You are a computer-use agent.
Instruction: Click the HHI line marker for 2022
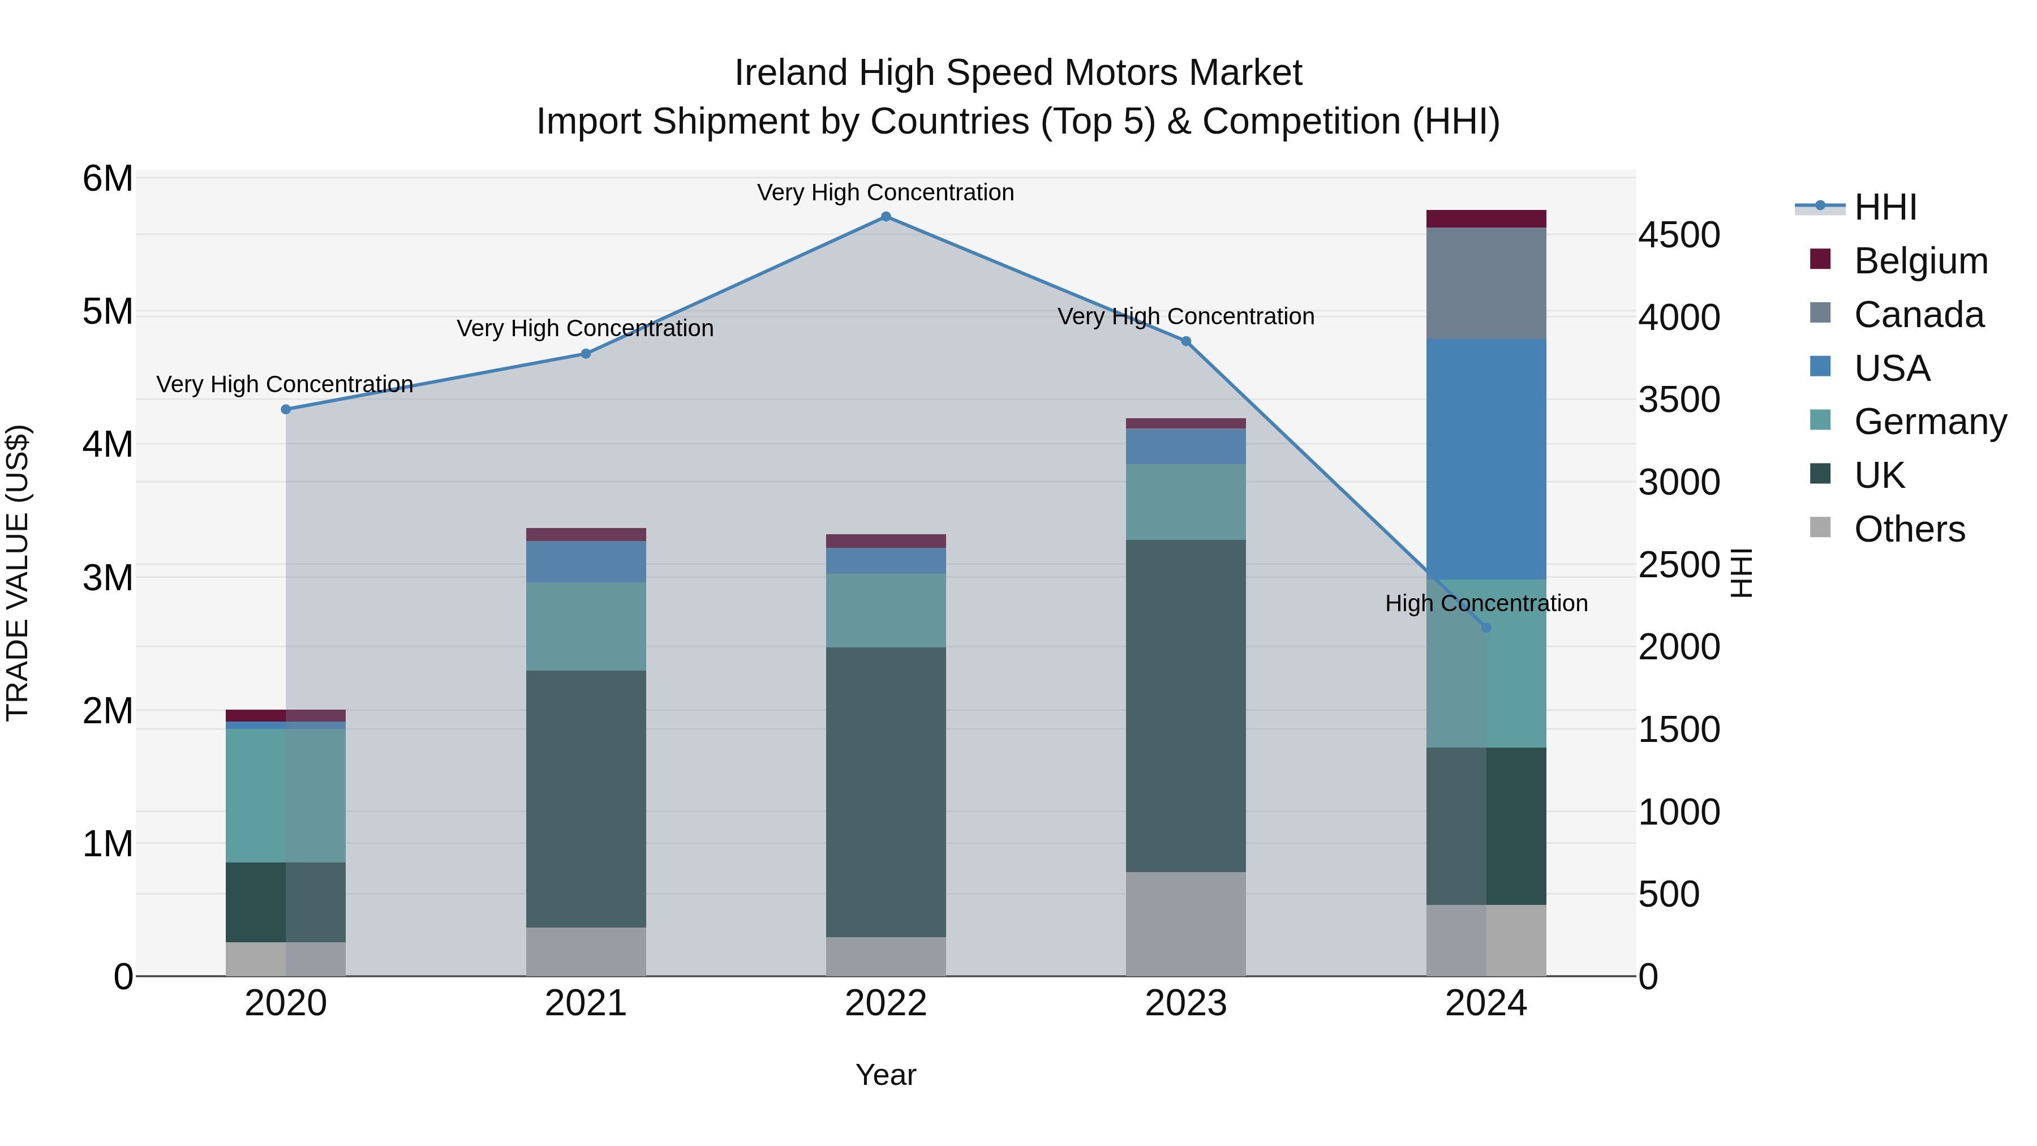(x=886, y=217)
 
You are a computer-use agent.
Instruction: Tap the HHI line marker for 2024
(x=1486, y=627)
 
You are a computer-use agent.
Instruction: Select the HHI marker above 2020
(x=286, y=409)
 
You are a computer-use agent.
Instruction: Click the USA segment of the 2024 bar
(x=1486, y=459)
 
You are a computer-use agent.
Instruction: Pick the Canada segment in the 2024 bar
(x=1486, y=283)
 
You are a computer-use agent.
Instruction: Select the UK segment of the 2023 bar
(x=1185, y=706)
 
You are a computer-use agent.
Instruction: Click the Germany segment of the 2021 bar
(x=586, y=626)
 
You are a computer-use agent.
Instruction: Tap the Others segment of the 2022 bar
(x=886, y=956)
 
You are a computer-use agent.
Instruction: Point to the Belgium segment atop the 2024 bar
(x=1486, y=218)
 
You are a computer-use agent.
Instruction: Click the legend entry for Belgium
(x=1920, y=261)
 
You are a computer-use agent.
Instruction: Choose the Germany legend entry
(x=1929, y=422)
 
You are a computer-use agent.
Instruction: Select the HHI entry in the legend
(x=1885, y=207)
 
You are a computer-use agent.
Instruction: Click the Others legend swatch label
(x=1909, y=529)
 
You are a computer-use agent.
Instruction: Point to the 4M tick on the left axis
(x=108, y=444)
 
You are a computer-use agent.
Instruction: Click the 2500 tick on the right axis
(x=1679, y=565)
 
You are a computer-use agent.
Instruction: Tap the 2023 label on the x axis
(x=1185, y=1003)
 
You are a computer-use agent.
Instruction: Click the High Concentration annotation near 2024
(x=1486, y=603)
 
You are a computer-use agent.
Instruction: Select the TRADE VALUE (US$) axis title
(x=18, y=573)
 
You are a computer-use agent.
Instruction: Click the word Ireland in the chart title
(x=792, y=73)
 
